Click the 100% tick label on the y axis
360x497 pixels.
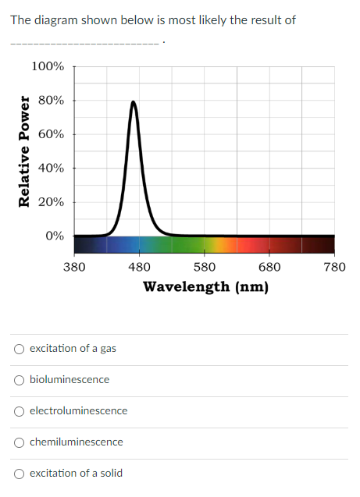click(48, 66)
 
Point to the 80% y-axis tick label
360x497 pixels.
click(52, 101)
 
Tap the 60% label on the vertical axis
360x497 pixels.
click(52, 134)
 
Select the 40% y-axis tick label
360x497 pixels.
click(52, 168)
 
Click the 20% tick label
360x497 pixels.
click(52, 201)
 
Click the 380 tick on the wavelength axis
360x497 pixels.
click(74, 267)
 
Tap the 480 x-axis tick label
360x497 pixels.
click(139, 267)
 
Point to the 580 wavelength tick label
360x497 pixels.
click(205, 267)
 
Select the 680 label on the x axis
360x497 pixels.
click(269, 267)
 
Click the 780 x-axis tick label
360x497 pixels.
click(334, 267)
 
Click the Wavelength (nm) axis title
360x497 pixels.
click(205, 286)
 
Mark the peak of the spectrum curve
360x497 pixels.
click(134, 101)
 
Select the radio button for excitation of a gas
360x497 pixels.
click(19, 349)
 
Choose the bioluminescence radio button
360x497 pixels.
click(19, 380)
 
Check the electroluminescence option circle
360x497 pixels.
click(19, 411)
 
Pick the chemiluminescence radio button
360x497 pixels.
click(19, 442)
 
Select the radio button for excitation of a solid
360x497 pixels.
click(19, 474)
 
